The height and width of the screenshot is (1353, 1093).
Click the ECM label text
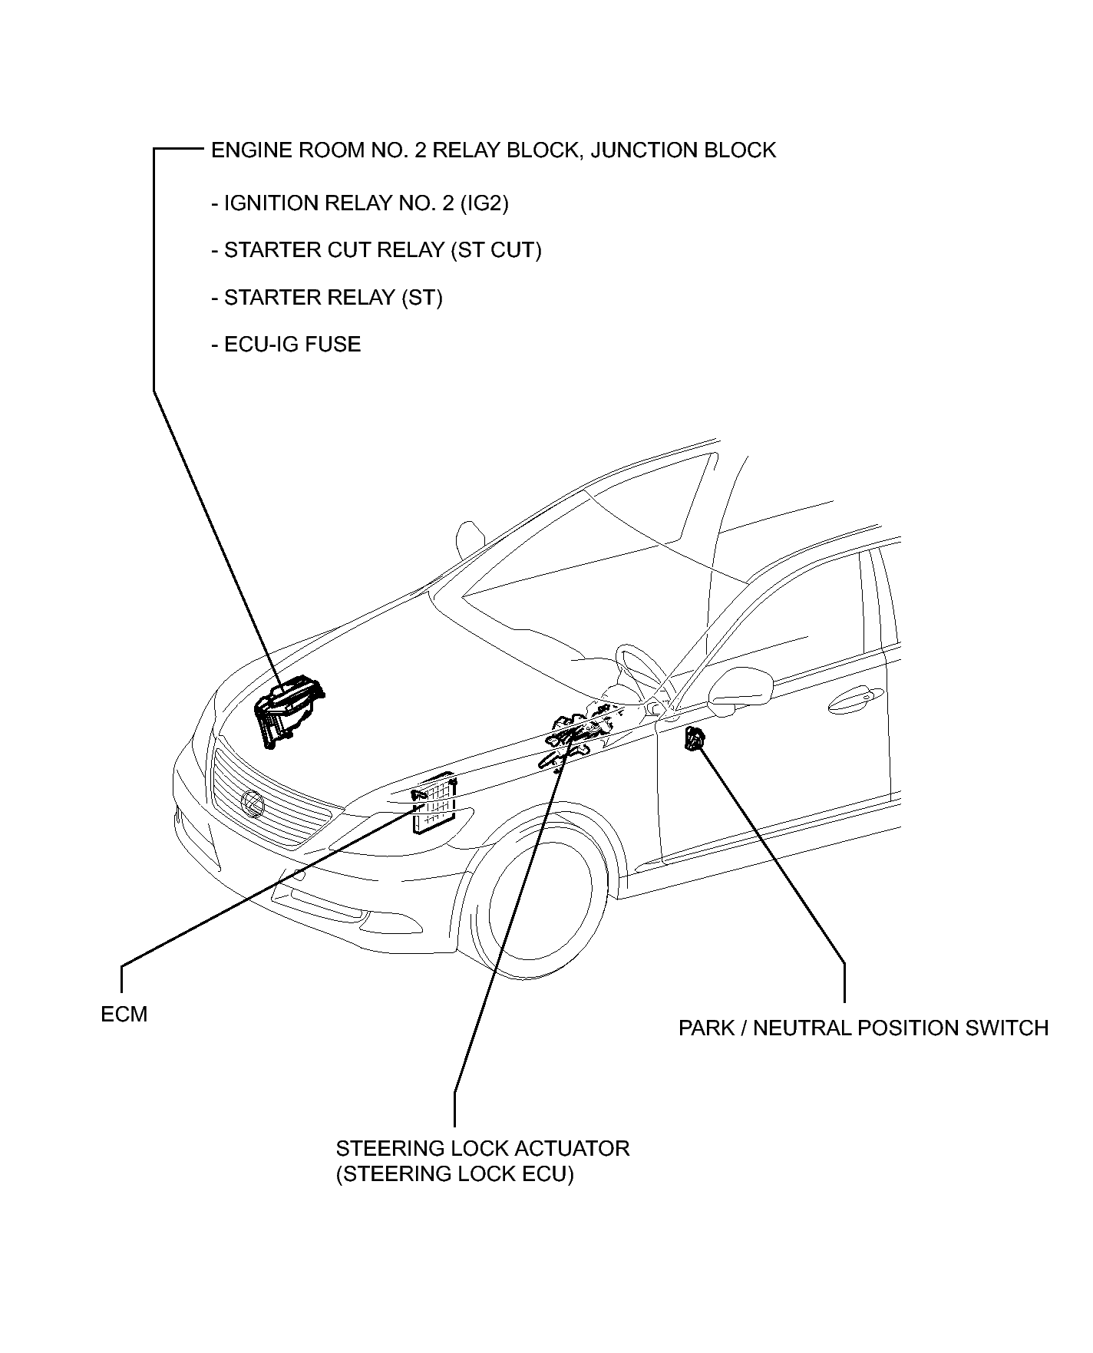point(124,1015)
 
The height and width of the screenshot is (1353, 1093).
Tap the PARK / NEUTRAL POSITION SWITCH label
point(863,1028)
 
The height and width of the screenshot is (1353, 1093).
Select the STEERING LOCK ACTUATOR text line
point(482,1148)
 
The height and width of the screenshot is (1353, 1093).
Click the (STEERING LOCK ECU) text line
point(454,1174)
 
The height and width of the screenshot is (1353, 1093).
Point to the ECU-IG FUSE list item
point(286,344)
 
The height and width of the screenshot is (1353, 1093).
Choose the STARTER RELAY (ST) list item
point(327,297)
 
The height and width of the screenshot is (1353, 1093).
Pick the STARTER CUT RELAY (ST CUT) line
point(376,250)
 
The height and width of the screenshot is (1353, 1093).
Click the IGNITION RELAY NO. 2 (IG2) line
point(359,203)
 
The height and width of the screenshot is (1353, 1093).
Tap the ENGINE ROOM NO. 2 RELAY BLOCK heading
point(493,150)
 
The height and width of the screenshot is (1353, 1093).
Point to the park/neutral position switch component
point(695,739)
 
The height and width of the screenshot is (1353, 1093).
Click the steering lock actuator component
point(580,733)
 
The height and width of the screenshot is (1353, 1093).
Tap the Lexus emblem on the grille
point(252,803)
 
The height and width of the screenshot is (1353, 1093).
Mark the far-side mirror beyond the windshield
point(467,540)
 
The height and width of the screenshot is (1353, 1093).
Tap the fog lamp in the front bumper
point(309,896)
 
